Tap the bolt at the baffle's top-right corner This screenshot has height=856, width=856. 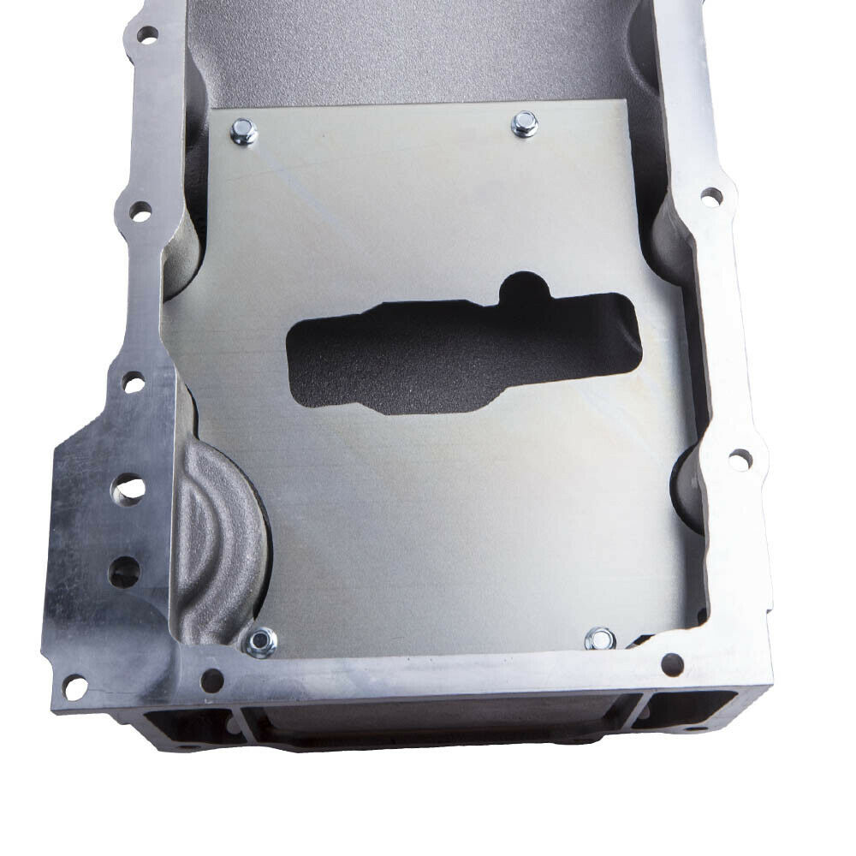524,125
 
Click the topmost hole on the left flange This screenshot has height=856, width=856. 147,34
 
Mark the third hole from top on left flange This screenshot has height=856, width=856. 133,382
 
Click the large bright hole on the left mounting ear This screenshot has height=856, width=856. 129,490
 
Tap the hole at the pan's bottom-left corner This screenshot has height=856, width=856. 74,685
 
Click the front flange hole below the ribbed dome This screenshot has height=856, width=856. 211,681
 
